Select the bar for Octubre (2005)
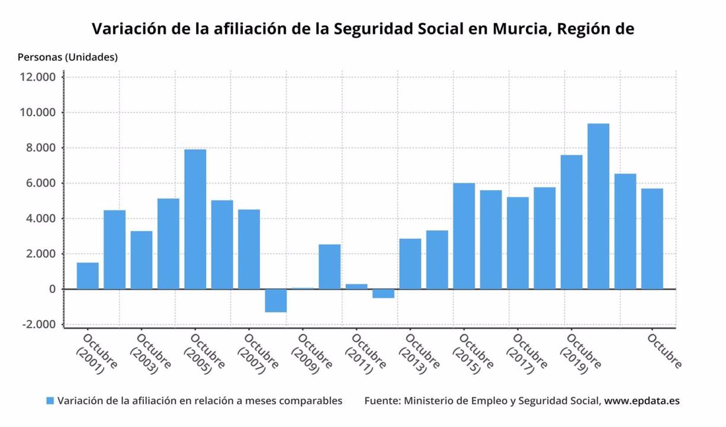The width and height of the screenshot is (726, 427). tap(195, 219)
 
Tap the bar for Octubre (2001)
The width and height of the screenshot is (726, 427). tap(88, 276)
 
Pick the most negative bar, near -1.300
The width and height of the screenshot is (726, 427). tap(276, 301)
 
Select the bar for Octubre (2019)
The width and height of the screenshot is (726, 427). tap(571, 222)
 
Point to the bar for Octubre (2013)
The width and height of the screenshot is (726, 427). tap(410, 264)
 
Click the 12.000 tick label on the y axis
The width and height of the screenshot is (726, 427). tap(37, 77)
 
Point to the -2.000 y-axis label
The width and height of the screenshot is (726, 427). tap(37, 325)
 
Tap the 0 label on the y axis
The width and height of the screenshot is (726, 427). tap(52, 289)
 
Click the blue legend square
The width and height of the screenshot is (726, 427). tap(50, 401)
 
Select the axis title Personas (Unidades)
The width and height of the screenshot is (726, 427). tap(68, 57)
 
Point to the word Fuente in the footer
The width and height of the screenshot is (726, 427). tap(381, 401)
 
